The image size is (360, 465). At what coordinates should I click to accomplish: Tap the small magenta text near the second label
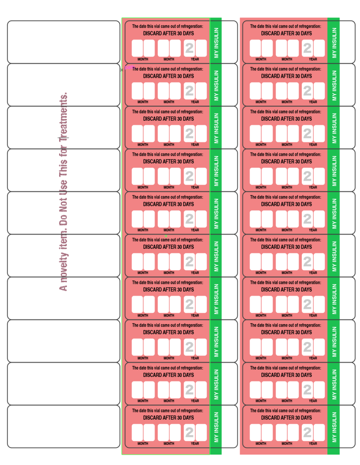129,67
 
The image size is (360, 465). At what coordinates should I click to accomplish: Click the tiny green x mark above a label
166,236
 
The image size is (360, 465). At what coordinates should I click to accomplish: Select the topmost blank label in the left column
64,42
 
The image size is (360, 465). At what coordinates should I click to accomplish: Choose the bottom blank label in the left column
64,426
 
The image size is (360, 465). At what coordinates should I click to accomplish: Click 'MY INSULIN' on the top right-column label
334,43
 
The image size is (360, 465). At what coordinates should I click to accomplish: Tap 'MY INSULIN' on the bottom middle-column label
216,427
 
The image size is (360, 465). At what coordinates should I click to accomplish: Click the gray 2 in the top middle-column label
189,48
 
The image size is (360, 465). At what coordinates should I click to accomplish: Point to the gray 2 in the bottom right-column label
307,432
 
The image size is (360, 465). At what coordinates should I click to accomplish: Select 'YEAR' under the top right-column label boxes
313,59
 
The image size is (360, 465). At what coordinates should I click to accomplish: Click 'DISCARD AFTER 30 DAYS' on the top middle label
168,34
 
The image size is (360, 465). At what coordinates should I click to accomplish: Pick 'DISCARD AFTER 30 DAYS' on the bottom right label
286,418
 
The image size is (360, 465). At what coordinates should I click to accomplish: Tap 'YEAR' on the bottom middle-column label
195,444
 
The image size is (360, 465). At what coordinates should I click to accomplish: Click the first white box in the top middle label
137,48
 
